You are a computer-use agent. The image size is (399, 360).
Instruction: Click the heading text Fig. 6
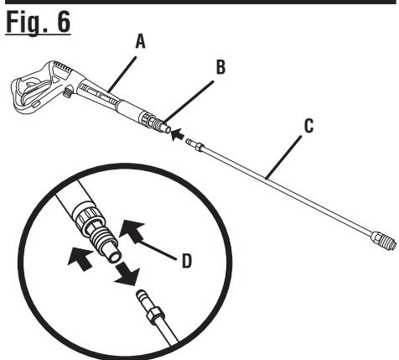[38, 23]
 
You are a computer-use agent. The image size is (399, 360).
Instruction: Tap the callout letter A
[140, 42]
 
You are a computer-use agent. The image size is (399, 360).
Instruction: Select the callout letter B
[220, 67]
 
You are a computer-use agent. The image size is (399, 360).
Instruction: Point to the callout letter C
[308, 126]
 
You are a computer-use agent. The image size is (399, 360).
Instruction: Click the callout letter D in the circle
[187, 261]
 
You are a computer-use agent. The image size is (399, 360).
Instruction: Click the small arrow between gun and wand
[178, 134]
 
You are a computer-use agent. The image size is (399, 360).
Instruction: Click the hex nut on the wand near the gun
[199, 147]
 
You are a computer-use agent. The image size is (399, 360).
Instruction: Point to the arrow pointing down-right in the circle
[127, 274]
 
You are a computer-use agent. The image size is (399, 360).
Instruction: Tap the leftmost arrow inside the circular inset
[80, 259]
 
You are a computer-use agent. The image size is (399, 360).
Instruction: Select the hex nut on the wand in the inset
[153, 314]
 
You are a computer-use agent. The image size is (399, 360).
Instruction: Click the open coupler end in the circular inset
[115, 257]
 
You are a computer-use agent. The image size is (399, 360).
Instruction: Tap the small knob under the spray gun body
[67, 91]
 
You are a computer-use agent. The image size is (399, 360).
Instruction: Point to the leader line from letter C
[284, 158]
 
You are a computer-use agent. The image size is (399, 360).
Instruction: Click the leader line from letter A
[122, 75]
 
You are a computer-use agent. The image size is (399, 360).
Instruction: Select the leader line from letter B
[189, 102]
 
